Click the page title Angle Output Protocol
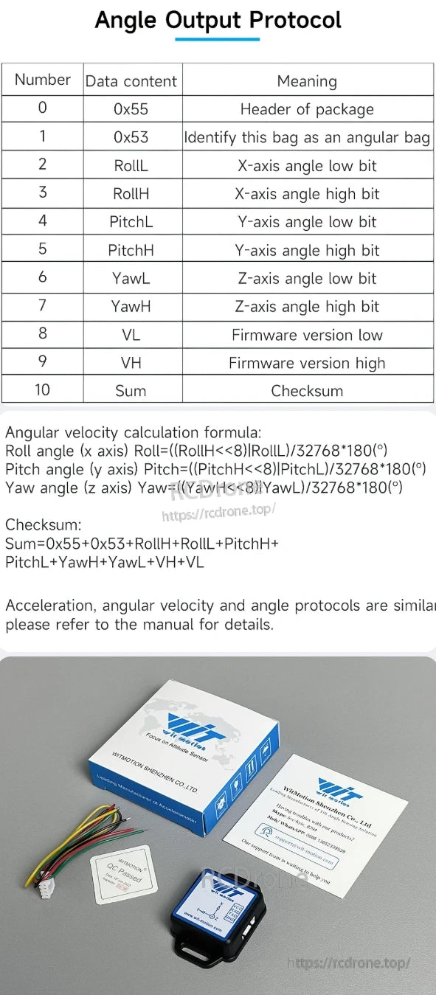[218, 20]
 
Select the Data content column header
[131, 82]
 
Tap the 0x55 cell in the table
[131, 109]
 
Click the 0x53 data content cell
[131, 137]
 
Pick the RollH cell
[131, 194]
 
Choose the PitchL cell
[131, 222]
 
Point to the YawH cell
[131, 307]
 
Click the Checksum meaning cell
[307, 391]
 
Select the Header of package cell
[307, 109]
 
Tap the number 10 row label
[42, 389]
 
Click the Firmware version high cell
[307, 363]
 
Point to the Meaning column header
[307, 82]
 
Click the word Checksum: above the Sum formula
[44, 525]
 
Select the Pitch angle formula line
[215, 469]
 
